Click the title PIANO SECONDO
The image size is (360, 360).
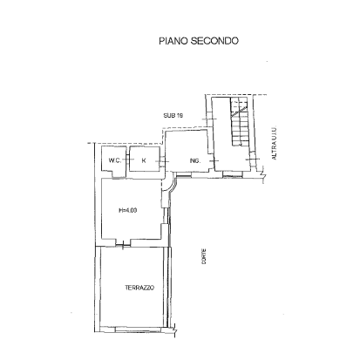pos(198,41)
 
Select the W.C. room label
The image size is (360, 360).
pos(114,161)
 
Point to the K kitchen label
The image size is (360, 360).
pos(142,161)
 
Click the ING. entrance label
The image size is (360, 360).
pos(194,161)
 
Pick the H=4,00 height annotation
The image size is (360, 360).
pos(127,208)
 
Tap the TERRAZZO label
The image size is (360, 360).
pos(139,288)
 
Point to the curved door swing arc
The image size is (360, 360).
pos(173,187)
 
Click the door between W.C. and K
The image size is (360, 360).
pos(128,161)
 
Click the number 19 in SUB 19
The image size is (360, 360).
pos(179,115)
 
